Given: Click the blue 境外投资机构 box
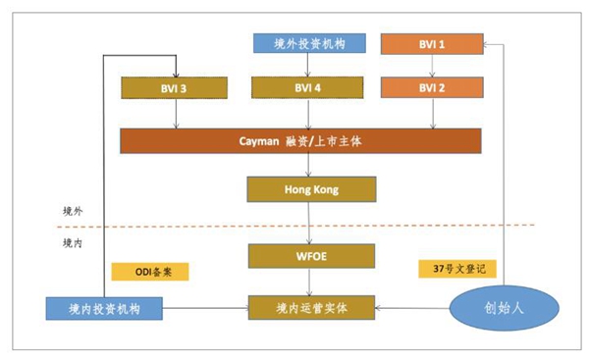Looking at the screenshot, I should click(309, 43).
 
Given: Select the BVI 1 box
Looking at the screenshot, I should click(432, 43).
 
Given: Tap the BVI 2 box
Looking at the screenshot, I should click(432, 87).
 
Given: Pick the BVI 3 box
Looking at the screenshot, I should click(176, 87).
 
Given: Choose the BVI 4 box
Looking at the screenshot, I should click(309, 87).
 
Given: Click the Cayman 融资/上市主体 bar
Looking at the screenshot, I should click(300, 140).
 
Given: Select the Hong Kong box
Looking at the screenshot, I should click(309, 188).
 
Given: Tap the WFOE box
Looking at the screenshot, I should click(309, 256).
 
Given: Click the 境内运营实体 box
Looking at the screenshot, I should click(309, 308).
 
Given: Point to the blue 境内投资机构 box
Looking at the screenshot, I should click(104, 308).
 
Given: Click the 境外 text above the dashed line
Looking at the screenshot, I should click(73, 211).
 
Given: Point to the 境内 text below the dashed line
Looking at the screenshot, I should click(73, 240).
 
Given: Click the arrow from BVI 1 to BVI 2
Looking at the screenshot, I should click(432, 65).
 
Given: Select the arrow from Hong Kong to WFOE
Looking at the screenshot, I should click(309, 223).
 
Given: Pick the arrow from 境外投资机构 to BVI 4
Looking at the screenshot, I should click(309, 65).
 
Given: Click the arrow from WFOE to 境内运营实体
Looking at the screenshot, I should click(309, 283).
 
